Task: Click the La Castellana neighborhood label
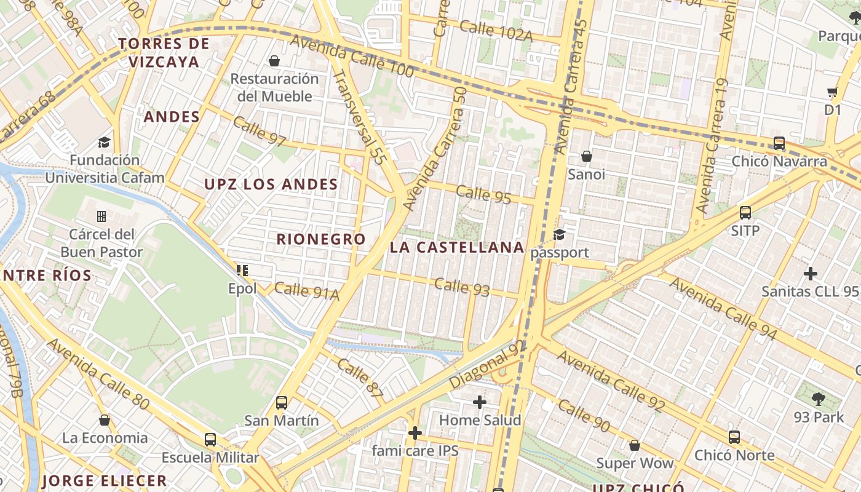click(457, 248)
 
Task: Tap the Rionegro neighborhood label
click(320, 239)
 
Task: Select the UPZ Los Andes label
click(271, 184)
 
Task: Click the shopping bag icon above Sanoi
click(587, 156)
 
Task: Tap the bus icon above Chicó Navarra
click(779, 143)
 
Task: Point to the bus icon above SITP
click(745, 213)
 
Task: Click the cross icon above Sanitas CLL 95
click(811, 273)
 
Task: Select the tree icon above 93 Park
click(818, 399)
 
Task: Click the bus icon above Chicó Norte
click(734, 437)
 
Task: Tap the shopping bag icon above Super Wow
click(635, 445)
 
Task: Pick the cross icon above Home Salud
click(480, 402)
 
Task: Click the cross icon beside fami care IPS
click(415, 433)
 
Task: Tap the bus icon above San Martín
click(282, 403)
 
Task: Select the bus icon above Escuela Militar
click(210, 440)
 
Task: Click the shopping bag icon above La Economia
click(105, 420)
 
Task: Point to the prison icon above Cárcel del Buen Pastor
click(101, 216)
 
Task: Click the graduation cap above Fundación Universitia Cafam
click(105, 142)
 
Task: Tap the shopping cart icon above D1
click(833, 92)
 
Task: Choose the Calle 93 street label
click(462, 287)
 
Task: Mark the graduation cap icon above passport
click(559, 234)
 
